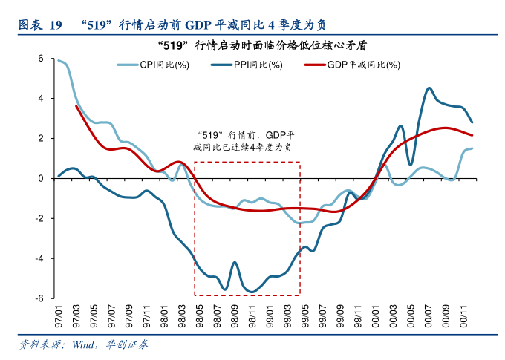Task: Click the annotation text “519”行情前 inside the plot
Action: click(x=223, y=135)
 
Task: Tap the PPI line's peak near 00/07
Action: click(x=429, y=88)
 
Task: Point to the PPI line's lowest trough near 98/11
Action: click(x=252, y=291)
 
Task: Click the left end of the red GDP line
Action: click(x=76, y=106)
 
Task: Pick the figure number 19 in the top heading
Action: click(x=55, y=24)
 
